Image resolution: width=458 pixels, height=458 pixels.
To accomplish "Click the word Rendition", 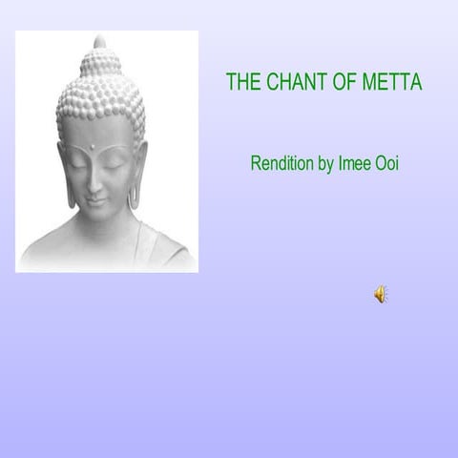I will point(280,163).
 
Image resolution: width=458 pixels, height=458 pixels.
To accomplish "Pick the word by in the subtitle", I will point(324,164).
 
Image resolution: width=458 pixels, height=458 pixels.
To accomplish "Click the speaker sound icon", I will point(381,294).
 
